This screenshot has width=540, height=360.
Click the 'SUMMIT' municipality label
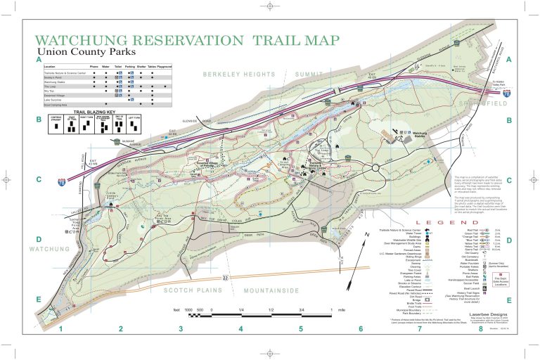click(x=309, y=75)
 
